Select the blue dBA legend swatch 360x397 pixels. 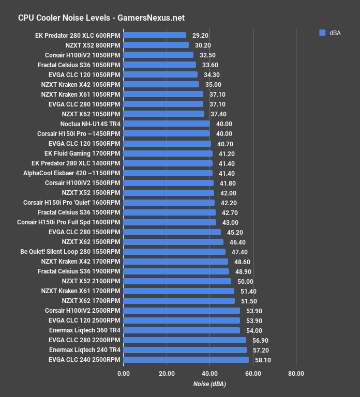click(322, 33)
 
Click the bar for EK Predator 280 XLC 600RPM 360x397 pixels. click(155, 35)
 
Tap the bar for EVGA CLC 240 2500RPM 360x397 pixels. click(186, 360)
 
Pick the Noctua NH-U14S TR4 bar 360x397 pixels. click(167, 124)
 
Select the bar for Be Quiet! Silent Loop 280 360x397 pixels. click(174, 252)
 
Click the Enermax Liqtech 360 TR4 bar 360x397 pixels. click(182, 330)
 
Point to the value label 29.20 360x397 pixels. click(200, 35)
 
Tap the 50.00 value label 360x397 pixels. click(245, 281)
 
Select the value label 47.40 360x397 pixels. click(239, 252)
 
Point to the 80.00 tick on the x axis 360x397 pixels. click(296, 373)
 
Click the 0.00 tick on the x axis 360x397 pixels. click(124, 373)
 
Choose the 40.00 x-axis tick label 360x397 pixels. click(209, 373)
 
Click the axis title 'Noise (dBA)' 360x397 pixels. click(209, 384)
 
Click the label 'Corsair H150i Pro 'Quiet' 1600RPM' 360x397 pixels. click(71, 203)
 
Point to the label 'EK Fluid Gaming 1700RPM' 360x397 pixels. click(82, 154)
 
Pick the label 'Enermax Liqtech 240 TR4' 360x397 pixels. click(84, 350)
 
